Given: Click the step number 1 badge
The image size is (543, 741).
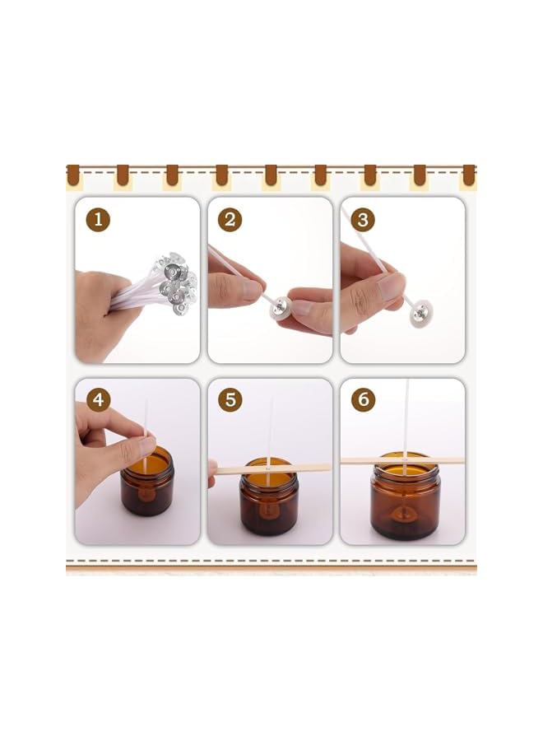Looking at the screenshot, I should (x=99, y=220).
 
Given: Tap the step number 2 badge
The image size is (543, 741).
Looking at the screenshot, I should (x=230, y=220).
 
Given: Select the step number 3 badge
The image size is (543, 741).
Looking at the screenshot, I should (x=363, y=220).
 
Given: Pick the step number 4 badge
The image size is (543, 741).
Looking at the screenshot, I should (x=99, y=401).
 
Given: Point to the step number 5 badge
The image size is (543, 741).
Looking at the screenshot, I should (x=230, y=401).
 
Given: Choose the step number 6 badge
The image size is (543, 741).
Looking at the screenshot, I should (x=363, y=401).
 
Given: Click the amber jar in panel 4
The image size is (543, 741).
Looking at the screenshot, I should (x=147, y=486).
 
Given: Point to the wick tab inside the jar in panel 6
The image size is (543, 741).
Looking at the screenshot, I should (x=405, y=510).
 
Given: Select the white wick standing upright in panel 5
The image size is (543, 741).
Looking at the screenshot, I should (x=269, y=428).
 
